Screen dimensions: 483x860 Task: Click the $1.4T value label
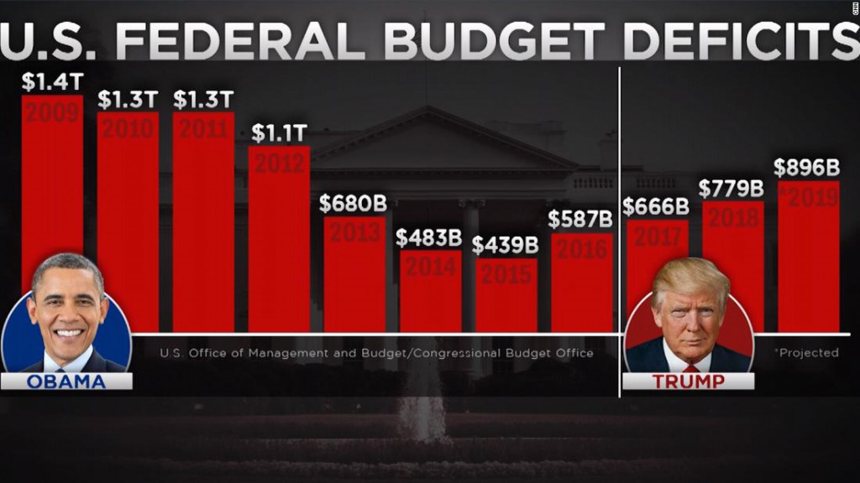point(51,81)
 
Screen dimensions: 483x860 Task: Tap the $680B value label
point(353,204)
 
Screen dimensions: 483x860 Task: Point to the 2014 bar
point(430,293)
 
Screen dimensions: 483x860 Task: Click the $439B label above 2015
point(505,246)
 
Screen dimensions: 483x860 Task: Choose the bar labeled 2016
point(581,285)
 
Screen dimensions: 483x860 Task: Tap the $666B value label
point(656,207)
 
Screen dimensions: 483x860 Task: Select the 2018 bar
point(732,252)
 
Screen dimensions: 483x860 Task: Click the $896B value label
point(807,168)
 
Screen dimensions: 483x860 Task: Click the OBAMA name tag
point(66,382)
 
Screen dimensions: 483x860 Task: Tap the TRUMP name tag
point(688,382)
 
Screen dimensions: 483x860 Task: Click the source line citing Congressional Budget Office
point(377,353)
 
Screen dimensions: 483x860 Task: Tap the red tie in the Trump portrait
point(690,367)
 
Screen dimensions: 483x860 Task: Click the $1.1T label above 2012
point(279,132)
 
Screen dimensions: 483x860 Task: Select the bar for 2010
point(128,226)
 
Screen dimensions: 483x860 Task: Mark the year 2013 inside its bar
point(354,232)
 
